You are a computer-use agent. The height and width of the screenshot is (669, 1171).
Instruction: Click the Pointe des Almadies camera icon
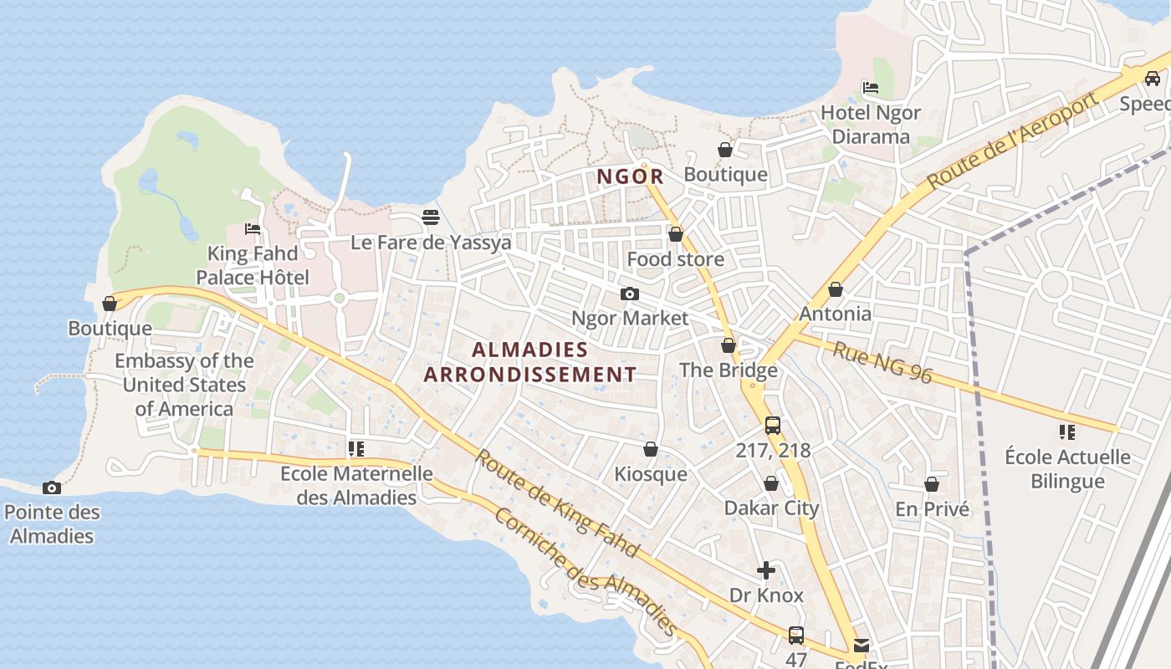pos(52,488)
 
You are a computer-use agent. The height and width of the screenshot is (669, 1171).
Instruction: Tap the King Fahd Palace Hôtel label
pos(253,265)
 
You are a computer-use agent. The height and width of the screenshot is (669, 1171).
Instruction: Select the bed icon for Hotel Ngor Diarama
pos(871,87)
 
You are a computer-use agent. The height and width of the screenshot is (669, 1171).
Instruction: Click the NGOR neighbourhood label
pos(631,176)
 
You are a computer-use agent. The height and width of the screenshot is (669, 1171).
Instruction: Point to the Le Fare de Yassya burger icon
pos(431,217)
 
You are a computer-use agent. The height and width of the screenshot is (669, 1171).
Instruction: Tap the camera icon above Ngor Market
pos(630,294)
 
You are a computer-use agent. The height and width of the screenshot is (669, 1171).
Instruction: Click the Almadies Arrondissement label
pos(530,361)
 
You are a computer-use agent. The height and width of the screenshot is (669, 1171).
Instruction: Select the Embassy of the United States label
pos(184,385)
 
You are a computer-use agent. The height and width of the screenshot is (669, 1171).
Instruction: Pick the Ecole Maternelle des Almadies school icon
pos(356,449)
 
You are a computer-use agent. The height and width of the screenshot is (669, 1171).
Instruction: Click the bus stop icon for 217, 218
pos(773,425)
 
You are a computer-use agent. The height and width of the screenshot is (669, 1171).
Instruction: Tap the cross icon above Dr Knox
pos(766,570)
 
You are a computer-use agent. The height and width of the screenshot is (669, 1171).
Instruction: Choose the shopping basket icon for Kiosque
pos(651,450)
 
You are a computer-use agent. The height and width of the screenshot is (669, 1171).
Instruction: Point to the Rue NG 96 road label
pos(882,362)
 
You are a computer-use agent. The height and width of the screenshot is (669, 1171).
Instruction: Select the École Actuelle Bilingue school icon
pos(1067,432)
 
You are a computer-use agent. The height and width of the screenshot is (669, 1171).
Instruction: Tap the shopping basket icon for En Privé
pos(932,484)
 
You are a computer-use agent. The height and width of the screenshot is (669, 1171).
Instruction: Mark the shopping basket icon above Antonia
pos(835,289)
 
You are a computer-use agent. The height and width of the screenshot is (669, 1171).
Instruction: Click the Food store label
pos(676,259)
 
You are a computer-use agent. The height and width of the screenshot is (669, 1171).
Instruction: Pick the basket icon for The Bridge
pos(729,345)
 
